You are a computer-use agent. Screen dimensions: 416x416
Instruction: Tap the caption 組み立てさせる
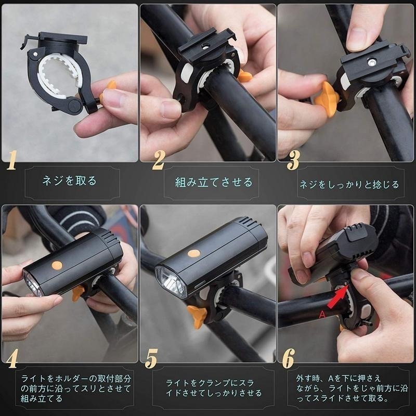[x=214, y=182]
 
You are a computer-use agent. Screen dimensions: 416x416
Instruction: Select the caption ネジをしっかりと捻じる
[x=349, y=184]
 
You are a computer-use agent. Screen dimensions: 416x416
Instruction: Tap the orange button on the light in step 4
[x=57, y=265]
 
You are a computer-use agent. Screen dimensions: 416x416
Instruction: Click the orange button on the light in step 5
[x=194, y=253]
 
